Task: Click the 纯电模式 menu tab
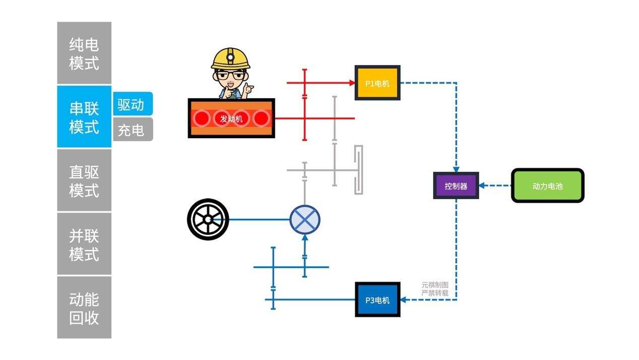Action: pos(84,53)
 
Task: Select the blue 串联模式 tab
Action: pos(84,116)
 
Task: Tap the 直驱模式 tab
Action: pos(84,181)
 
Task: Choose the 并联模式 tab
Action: pos(84,244)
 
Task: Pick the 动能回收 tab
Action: pos(84,308)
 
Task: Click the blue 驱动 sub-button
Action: pos(132,104)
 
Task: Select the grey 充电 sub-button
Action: pos(132,130)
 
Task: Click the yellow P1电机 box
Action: pos(377,83)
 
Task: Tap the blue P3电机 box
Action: pos(377,299)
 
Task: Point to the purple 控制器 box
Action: pos(456,186)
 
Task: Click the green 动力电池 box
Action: pos(547,186)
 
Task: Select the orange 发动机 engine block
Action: pos(231,118)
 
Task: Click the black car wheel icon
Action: pos(208,219)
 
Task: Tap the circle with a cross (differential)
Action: pos(304,220)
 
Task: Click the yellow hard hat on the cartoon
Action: pos(230,58)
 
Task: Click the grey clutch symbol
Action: pos(358,170)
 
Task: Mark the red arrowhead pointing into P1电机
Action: pos(352,83)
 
